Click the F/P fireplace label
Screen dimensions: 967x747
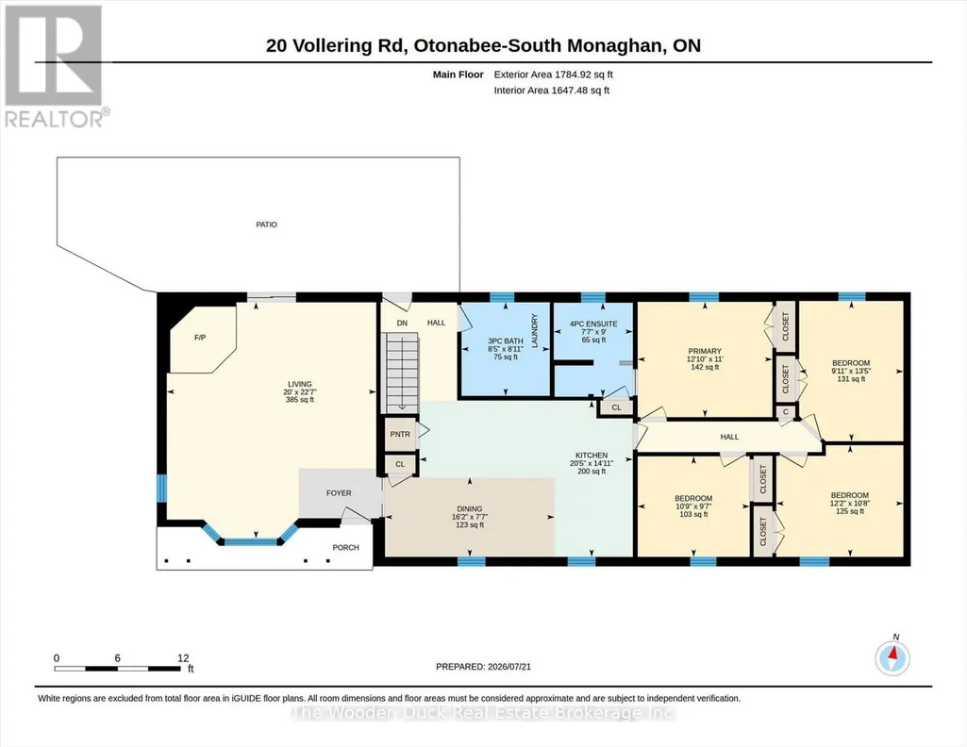pyautogui.click(x=200, y=338)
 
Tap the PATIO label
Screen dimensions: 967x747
pyautogui.click(x=266, y=224)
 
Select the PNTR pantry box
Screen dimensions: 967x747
pyautogui.click(x=400, y=434)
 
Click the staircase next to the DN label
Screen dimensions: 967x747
pyautogui.click(x=402, y=373)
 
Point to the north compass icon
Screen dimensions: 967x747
pyautogui.click(x=892, y=657)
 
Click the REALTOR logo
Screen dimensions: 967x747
pyautogui.click(x=55, y=66)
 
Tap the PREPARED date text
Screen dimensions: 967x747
pyautogui.click(x=483, y=666)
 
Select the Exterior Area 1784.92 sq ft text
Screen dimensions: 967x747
pyautogui.click(x=553, y=75)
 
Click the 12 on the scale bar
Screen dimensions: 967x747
pyautogui.click(x=183, y=657)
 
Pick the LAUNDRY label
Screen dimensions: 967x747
pyautogui.click(x=535, y=330)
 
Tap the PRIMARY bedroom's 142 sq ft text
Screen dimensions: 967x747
pyautogui.click(x=705, y=367)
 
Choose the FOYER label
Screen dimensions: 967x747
pyautogui.click(x=339, y=493)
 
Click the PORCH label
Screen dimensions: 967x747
pyautogui.click(x=345, y=547)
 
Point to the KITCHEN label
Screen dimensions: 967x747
pyautogui.click(x=592, y=456)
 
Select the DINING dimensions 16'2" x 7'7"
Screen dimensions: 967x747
pyautogui.click(x=469, y=517)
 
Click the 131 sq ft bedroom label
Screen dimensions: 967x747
pyautogui.click(x=851, y=379)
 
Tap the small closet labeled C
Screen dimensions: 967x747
pyautogui.click(x=786, y=412)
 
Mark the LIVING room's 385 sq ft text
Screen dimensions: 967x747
pyautogui.click(x=300, y=399)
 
